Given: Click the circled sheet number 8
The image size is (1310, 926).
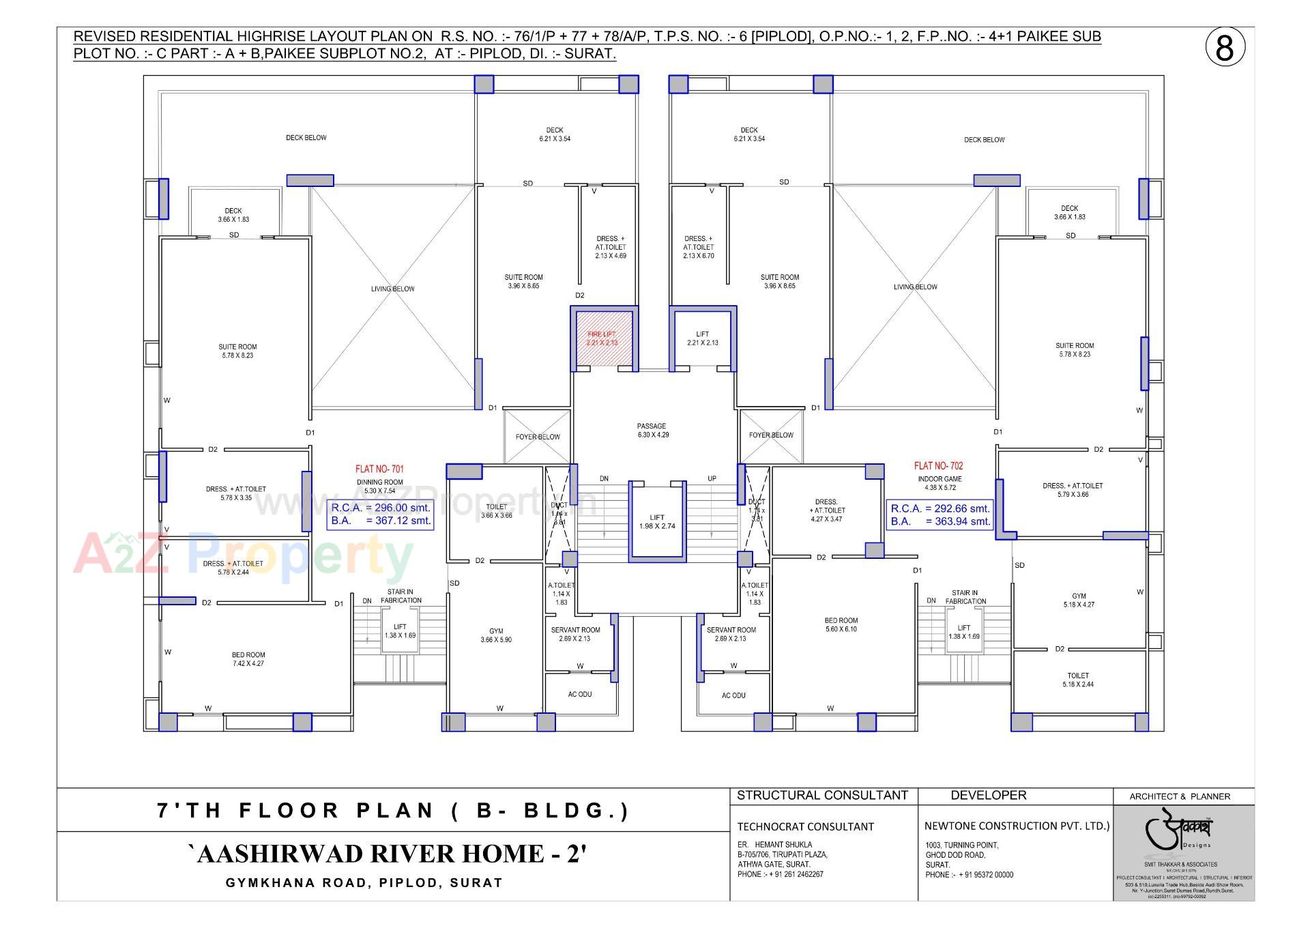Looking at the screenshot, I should pos(1225,49).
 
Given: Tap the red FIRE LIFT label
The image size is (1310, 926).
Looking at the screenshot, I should pos(601,338).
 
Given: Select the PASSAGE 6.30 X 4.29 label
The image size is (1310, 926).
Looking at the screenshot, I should pos(652,430).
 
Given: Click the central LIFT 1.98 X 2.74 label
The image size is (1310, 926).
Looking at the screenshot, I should pos(657,521).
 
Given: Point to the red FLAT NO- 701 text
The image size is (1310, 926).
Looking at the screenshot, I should pos(379,469).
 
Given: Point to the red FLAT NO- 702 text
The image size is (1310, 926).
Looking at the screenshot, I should pos(938,466).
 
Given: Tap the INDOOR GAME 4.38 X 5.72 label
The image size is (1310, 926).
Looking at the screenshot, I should pos(940,483).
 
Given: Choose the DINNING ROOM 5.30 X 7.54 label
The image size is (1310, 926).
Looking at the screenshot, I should pos(379,486).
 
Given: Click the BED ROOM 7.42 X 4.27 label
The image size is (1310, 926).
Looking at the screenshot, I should pos(248,659).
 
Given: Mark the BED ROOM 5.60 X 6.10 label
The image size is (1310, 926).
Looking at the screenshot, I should pos(841,624).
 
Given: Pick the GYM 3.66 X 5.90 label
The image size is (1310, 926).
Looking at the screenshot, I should pos(496,635).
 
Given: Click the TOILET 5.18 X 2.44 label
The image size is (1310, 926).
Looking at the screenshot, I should pos(1078,680).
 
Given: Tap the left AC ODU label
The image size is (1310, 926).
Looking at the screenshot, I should pos(580,694).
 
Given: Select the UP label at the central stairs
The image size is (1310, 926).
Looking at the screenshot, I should pos(712,478).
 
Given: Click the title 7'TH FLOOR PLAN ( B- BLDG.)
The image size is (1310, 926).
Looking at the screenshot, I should pos(393,811).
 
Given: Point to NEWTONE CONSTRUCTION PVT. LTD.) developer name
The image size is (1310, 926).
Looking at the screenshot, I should pos(1017,826).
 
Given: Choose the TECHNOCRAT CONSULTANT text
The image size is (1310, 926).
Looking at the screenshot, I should pos(796,826).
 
